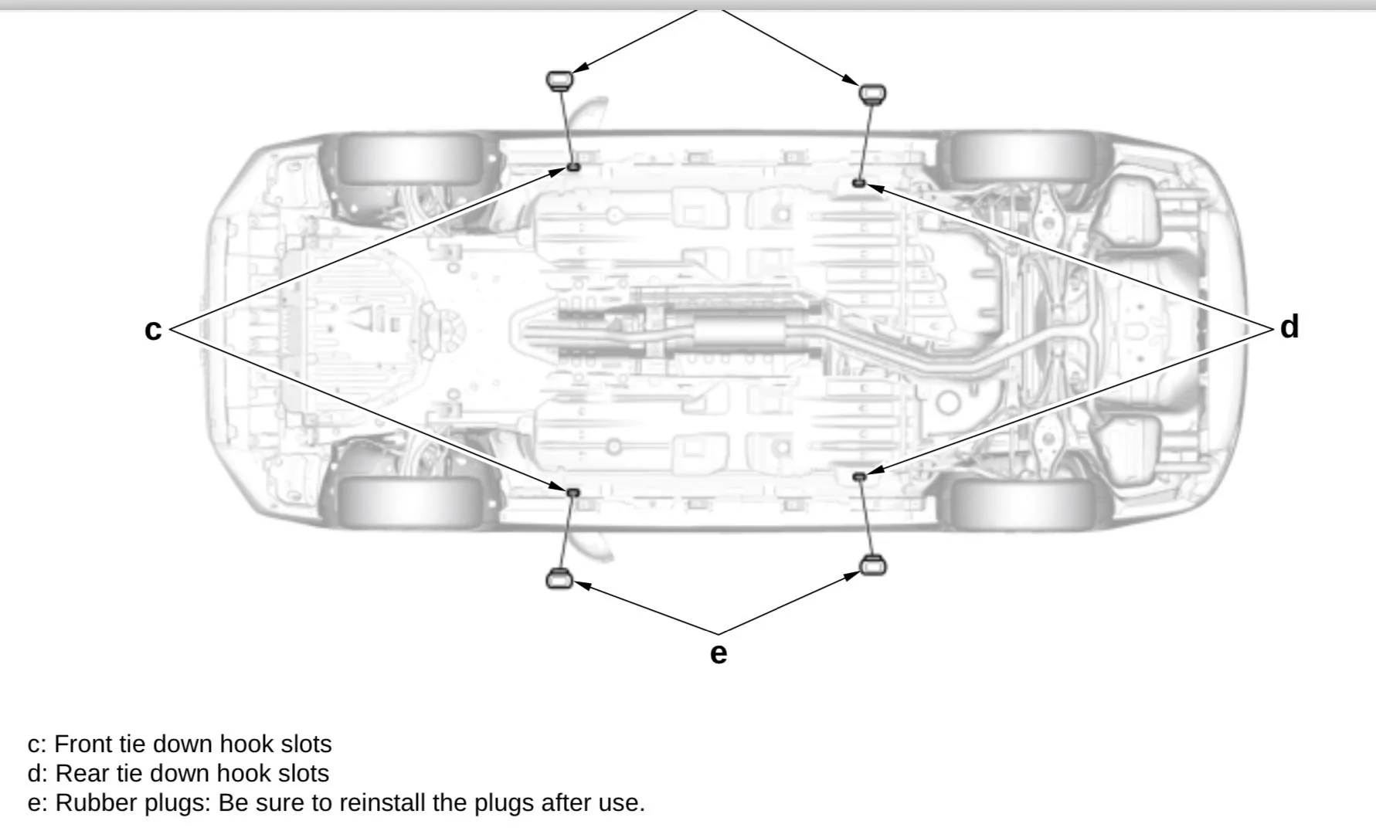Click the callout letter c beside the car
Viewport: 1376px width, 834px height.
click(153, 330)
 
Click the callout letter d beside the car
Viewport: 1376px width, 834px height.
click(1289, 327)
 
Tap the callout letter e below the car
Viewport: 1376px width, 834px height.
click(718, 653)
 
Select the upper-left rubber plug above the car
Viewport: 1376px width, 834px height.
click(559, 80)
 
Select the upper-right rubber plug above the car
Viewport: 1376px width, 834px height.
click(872, 94)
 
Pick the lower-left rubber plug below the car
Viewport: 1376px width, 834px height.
click(559, 577)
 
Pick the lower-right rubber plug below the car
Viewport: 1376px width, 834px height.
click(872, 565)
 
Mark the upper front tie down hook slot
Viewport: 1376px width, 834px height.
click(573, 166)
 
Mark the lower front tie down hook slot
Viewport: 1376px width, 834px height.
click(573, 492)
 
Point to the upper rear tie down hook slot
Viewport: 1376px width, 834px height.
click(858, 183)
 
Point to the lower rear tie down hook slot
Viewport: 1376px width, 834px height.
click(858, 476)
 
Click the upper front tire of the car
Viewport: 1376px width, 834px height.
click(409, 158)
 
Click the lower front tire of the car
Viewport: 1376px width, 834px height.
click(409, 500)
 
